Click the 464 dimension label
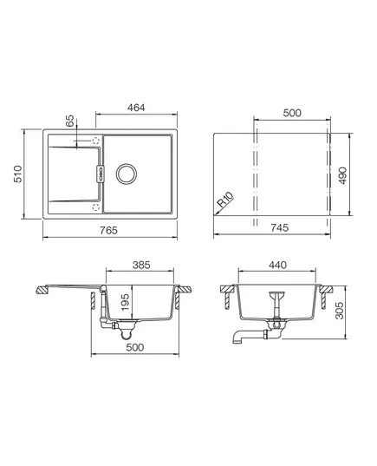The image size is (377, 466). tap(136, 108)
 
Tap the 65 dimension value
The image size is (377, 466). tap(69, 121)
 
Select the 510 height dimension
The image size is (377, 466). tap(17, 174)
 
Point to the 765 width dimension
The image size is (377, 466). tap(108, 230)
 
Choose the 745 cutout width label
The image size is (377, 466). tap(279, 227)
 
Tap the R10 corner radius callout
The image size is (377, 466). tap(225, 200)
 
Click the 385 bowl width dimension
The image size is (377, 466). tap(141, 265)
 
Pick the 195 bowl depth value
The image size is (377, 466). tap(126, 302)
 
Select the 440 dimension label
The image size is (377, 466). tap(277, 265)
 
